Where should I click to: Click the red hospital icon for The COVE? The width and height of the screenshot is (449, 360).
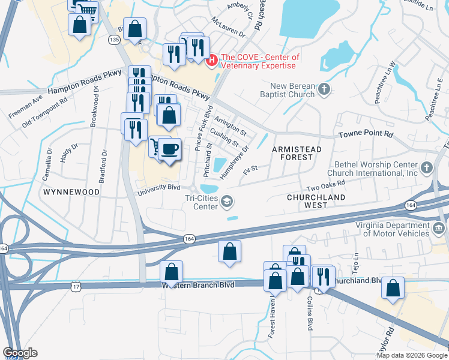pyautogui.click(x=211, y=61)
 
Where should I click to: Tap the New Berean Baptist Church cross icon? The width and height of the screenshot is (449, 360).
pyautogui.click(x=324, y=90)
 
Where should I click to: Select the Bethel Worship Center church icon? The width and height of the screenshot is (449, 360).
pyautogui.click(x=426, y=167)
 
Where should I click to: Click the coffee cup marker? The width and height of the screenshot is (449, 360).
pyautogui.click(x=169, y=149)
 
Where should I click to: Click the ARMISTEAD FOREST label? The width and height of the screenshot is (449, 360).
pyautogui.click(x=297, y=153)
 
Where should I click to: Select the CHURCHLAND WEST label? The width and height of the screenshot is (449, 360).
pyautogui.click(x=316, y=201)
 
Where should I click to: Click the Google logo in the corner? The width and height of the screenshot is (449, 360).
pyautogui.click(x=20, y=353)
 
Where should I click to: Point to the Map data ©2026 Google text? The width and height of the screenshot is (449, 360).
pyautogui.click(x=411, y=355)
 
